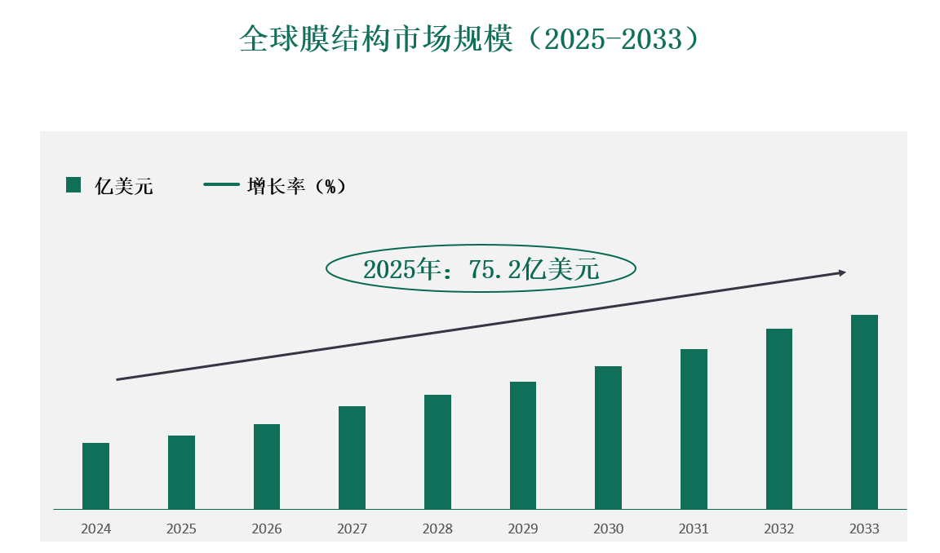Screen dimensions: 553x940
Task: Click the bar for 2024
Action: tap(95, 476)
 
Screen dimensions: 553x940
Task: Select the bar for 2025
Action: tap(181, 472)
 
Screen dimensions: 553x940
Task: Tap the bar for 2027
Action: tap(352, 458)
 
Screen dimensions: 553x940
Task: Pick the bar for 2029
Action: tap(523, 445)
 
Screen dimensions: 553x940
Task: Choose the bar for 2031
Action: tap(694, 429)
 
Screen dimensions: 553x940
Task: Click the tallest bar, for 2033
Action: tap(864, 412)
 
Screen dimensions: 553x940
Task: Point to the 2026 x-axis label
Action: tap(267, 529)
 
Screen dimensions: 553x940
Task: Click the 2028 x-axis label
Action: tap(437, 529)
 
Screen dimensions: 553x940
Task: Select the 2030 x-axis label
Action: tap(609, 529)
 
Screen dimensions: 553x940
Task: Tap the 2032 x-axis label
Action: tap(779, 529)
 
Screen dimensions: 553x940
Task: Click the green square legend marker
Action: tap(73, 185)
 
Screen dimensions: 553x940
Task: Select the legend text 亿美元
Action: tap(124, 186)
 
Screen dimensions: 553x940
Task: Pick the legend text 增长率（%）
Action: tap(296, 186)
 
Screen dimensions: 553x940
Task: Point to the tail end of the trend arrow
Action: tap(118, 379)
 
